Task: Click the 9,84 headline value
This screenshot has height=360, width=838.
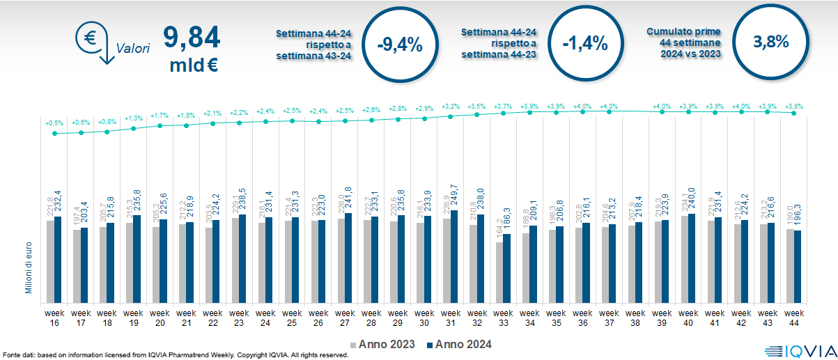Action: (x=191, y=37)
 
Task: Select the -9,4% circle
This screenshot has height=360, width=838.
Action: (x=399, y=44)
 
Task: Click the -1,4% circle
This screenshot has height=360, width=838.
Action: (x=585, y=44)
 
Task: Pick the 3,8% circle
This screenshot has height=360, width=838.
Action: (x=770, y=42)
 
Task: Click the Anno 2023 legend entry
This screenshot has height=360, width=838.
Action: (x=382, y=344)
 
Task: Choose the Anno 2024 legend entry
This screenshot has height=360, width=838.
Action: (x=459, y=344)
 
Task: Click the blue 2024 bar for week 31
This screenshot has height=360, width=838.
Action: (x=454, y=256)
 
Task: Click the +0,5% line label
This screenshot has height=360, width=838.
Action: (x=54, y=123)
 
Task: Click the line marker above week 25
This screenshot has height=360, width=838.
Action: (x=293, y=120)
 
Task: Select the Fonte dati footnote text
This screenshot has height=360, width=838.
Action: (x=176, y=355)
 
